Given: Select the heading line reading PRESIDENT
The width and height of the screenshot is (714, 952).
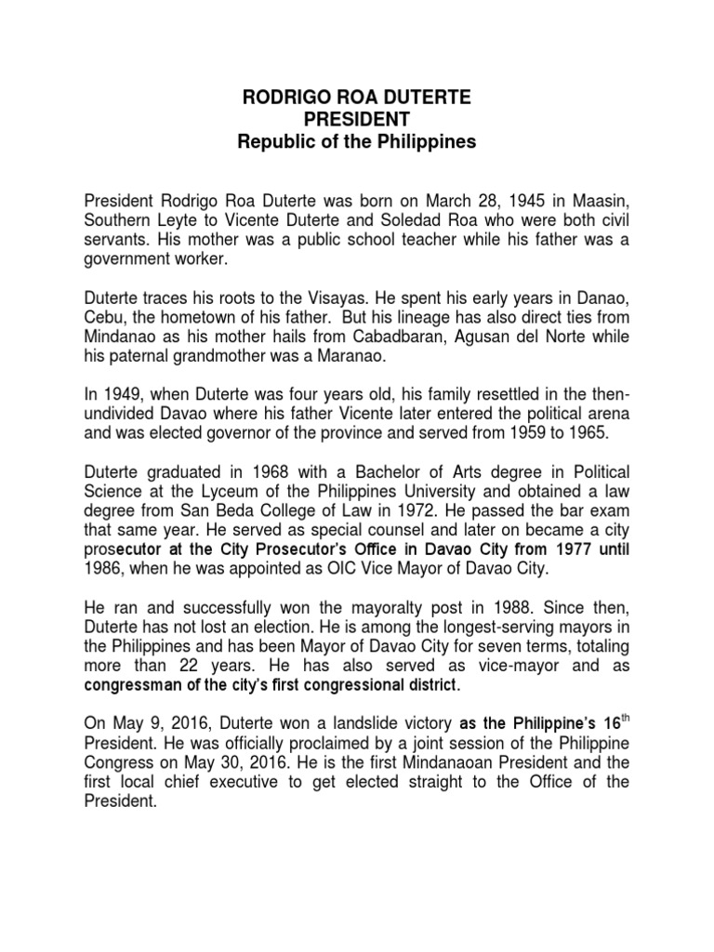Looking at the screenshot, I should pyautogui.click(x=356, y=120).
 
